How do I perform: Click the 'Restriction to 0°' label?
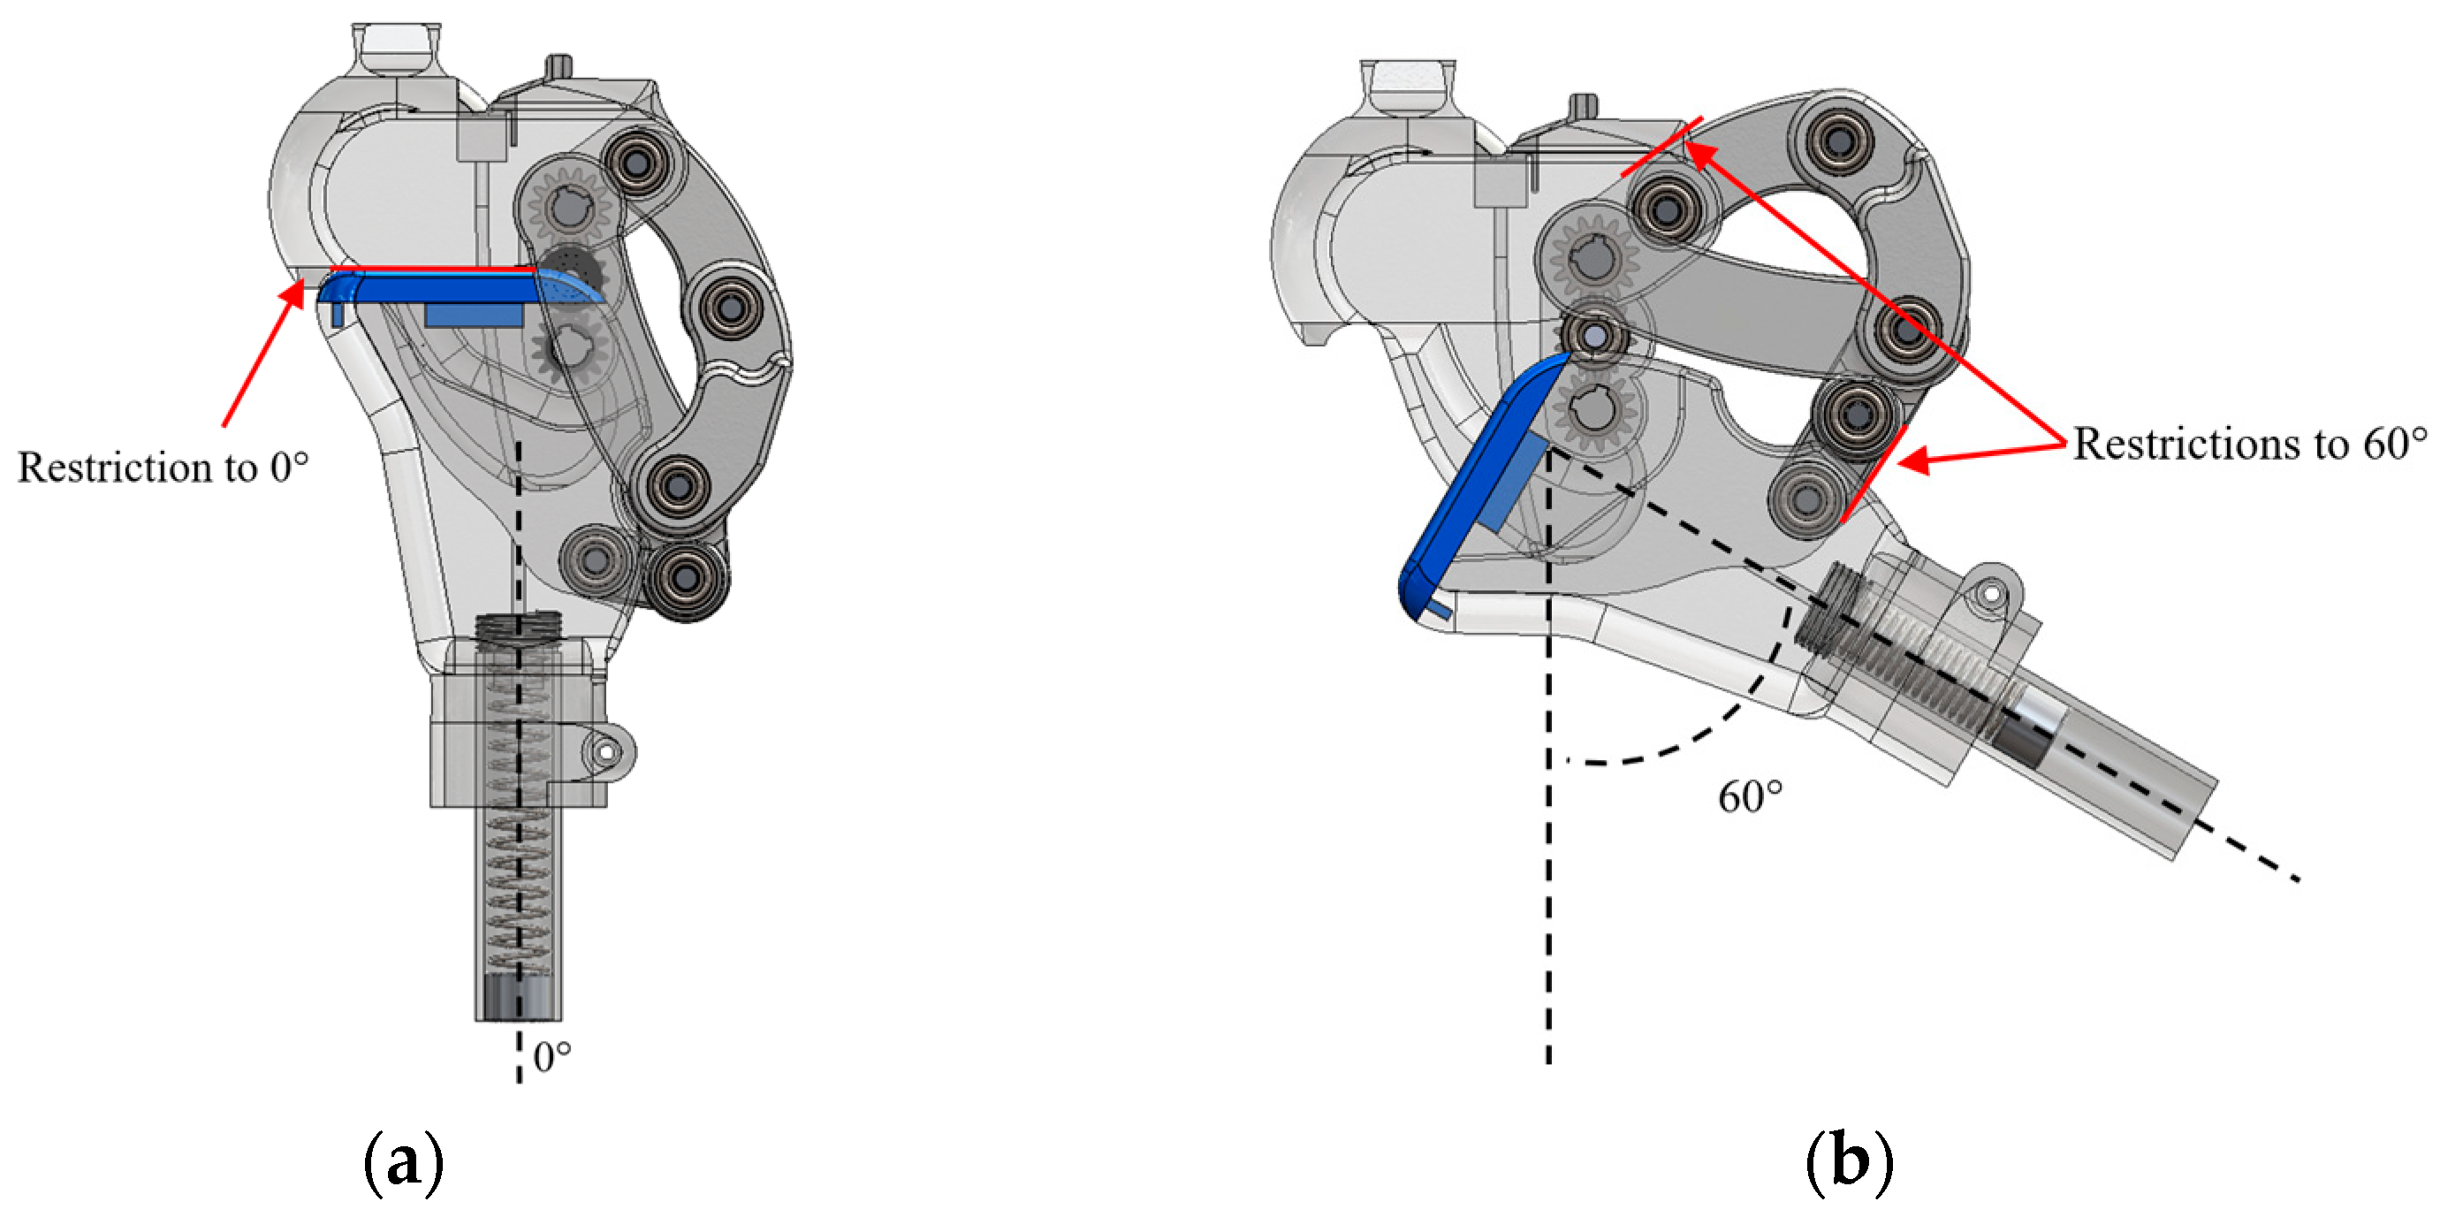(x=163, y=467)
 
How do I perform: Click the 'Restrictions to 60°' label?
(x=2250, y=444)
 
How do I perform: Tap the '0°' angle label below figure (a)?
(x=552, y=1057)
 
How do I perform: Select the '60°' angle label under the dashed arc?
(x=1750, y=796)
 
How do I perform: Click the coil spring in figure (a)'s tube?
(x=517, y=852)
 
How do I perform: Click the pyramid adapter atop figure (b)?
(x=1408, y=85)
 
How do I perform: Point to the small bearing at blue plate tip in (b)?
(x=1593, y=335)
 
